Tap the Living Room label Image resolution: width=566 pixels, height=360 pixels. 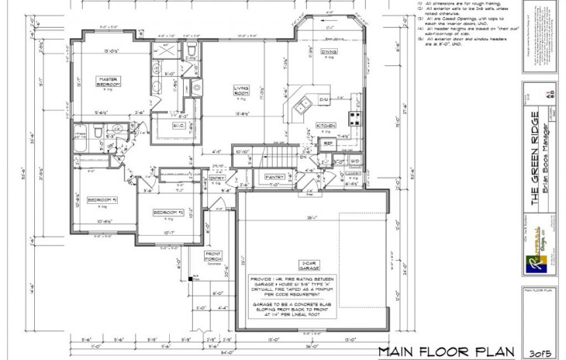[241, 92]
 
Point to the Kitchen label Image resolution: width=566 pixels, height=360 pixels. [326, 125]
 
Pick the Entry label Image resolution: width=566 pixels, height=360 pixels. [217, 178]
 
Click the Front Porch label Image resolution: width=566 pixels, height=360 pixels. [213, 255]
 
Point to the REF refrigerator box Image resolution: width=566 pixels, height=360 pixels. [328, 144]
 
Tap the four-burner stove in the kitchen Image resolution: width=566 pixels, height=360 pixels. [356, 119]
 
